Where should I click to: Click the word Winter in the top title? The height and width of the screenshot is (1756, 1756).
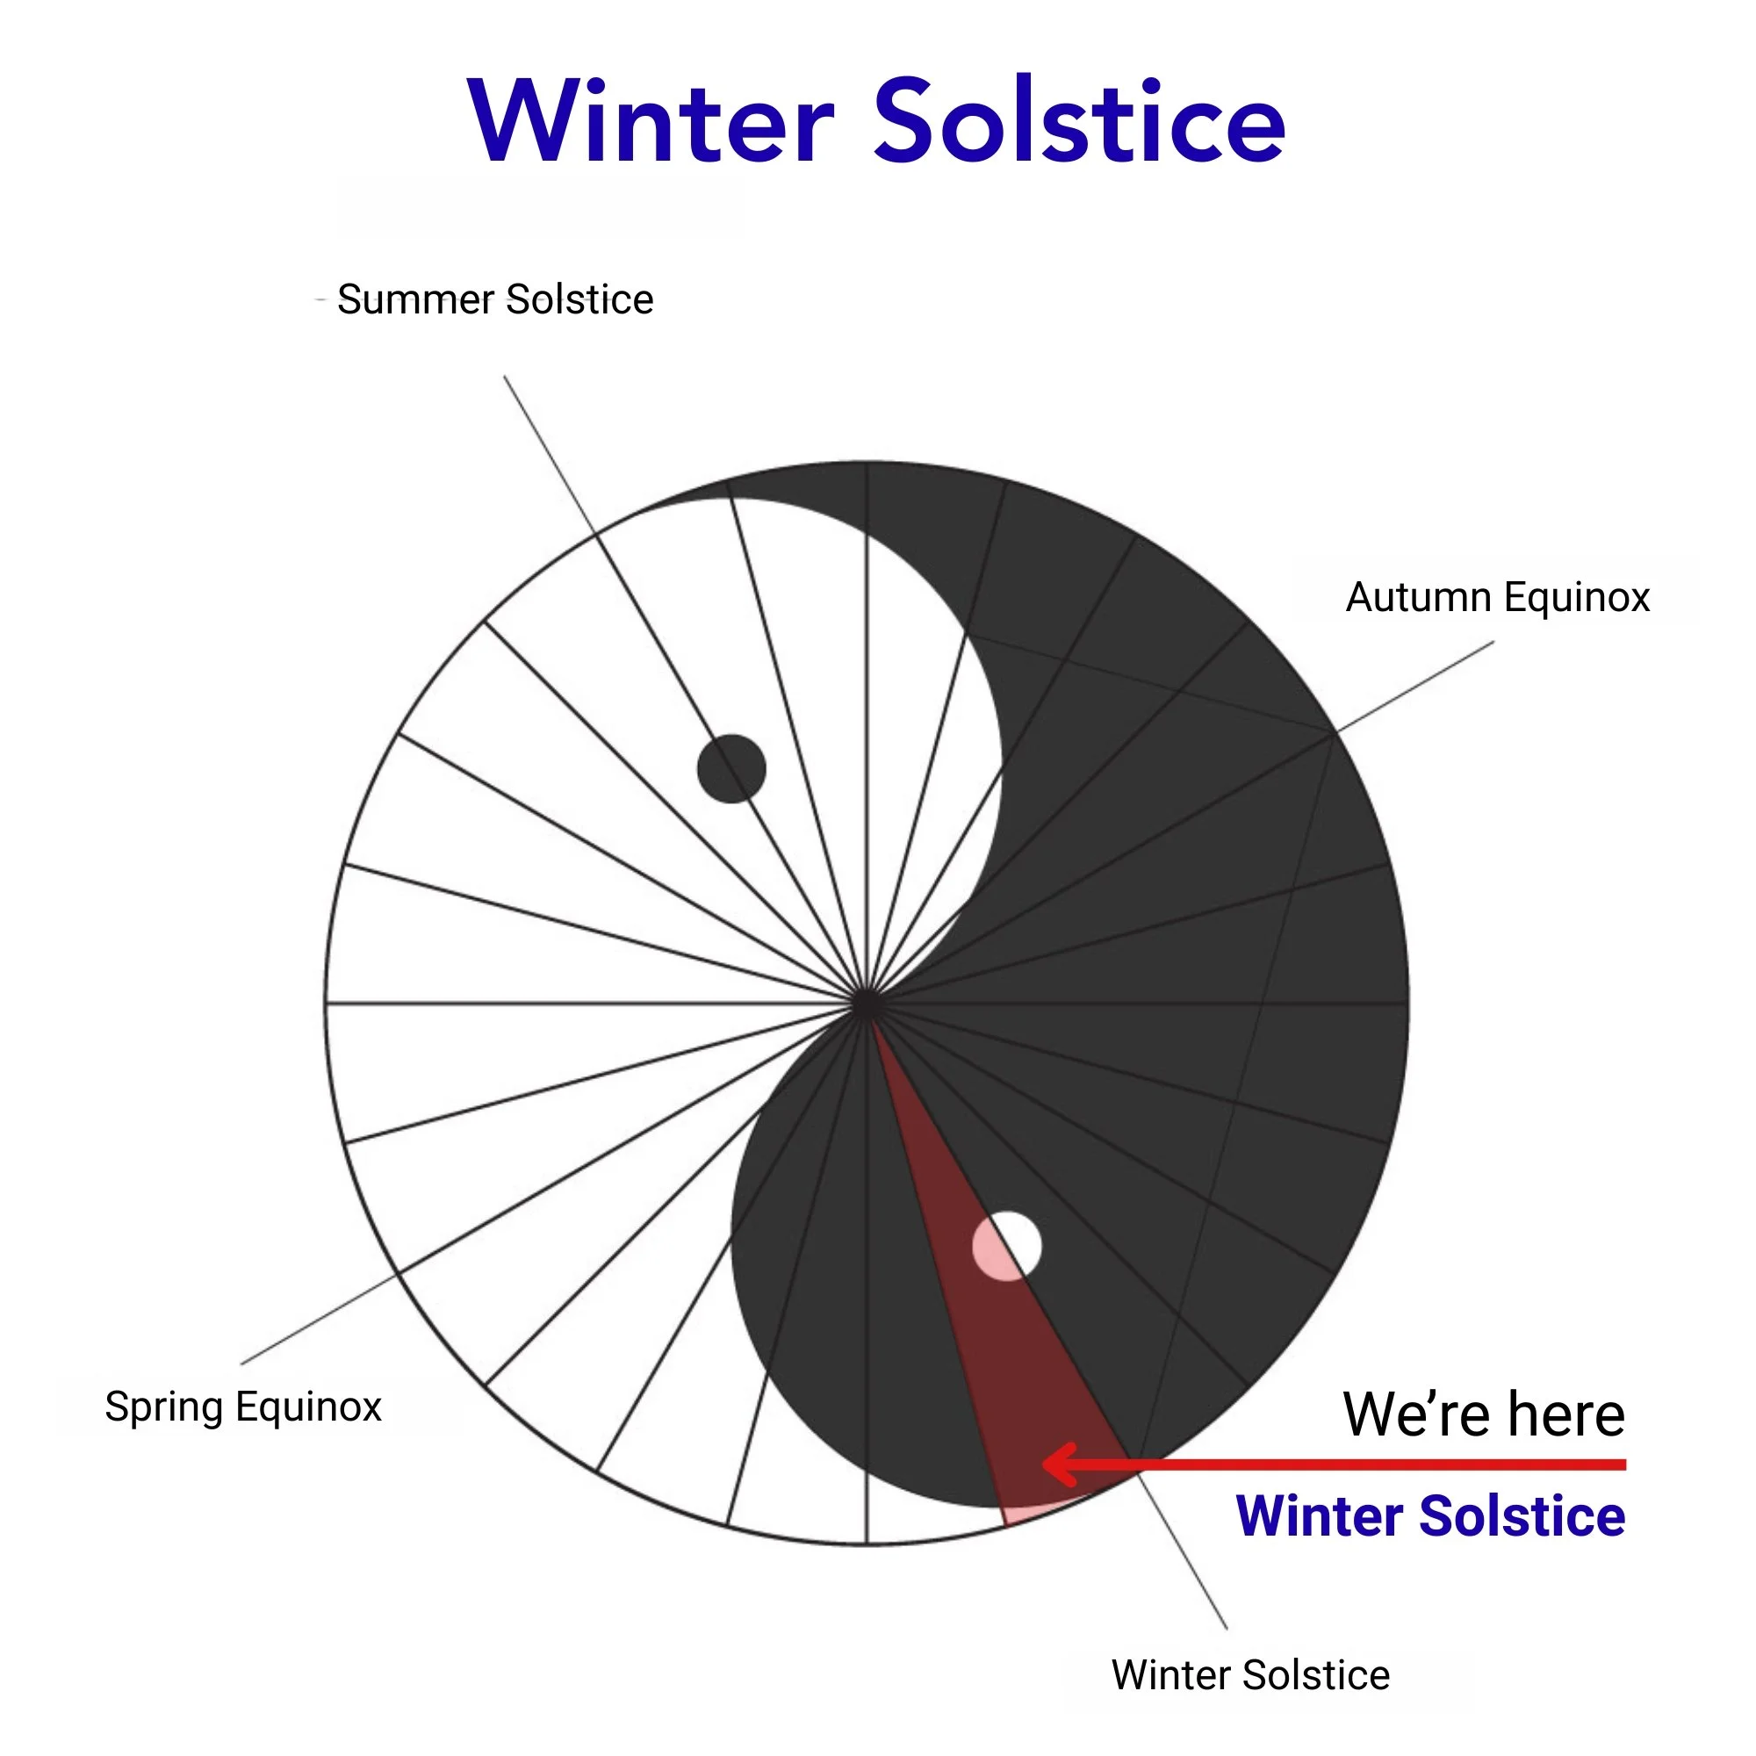pyautogui.click(x=651, y=122)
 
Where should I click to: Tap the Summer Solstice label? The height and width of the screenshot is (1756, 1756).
pyautogui.click(x=495, y=299)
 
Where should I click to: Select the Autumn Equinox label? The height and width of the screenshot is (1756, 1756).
pyautogui.click(x=1497, y=597)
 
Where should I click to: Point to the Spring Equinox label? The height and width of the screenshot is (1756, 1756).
pyautogui.click(x=242, y=1406)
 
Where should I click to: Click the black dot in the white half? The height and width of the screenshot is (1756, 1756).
pyautogui.click(x=731, y=769)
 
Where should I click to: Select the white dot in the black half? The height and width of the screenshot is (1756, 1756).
pyautogui.click(x=1007, y=1246)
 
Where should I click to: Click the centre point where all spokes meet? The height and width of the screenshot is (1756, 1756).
pyautogui.click(x=867, y=1004)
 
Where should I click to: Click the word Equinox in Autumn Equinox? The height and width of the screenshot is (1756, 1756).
pyautogui.click(x=1576, y=597)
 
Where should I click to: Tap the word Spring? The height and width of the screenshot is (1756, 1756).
pyautogui.click(x=163, y=1406)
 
